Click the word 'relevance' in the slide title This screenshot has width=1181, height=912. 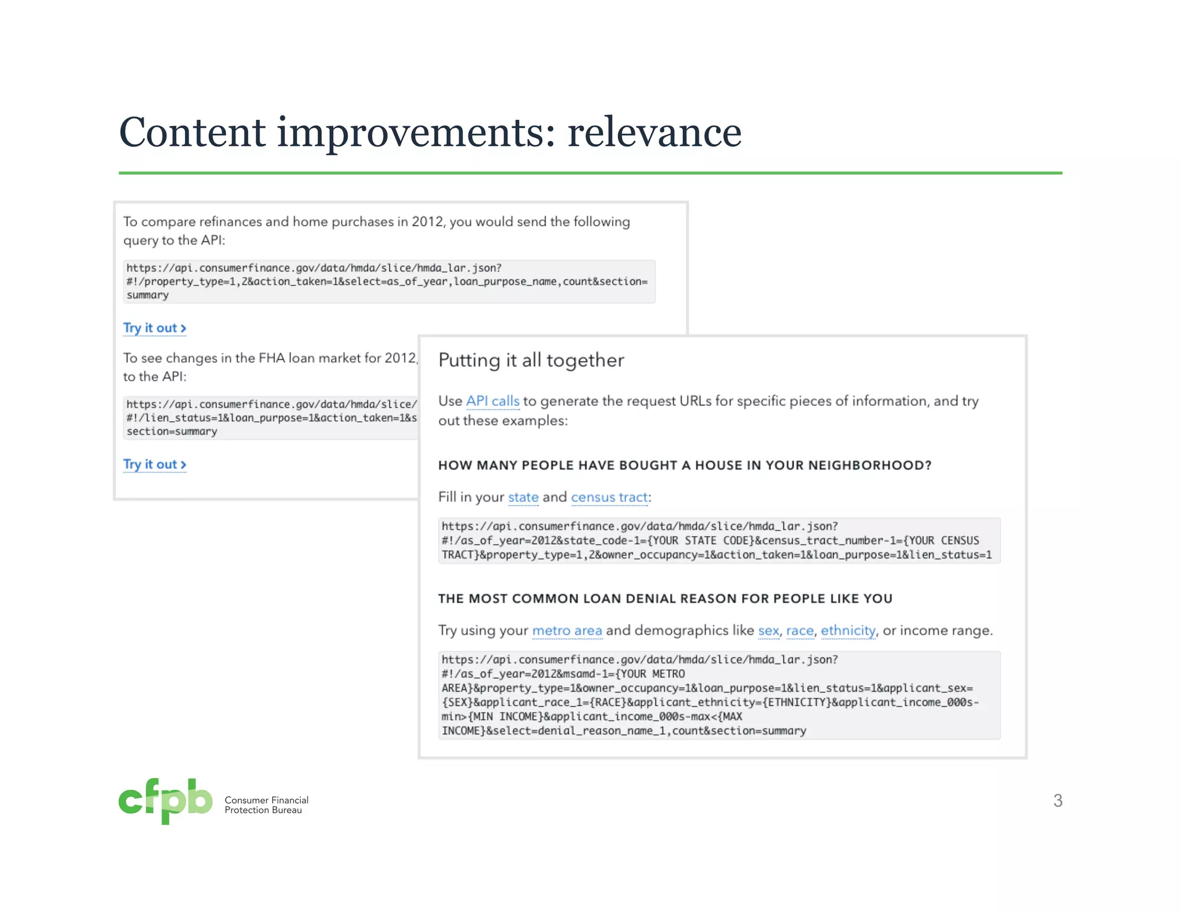point(654,133)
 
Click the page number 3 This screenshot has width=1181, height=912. point(1058,800)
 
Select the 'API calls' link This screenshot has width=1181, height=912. point(492,401)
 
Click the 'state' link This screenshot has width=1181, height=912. point(523,498)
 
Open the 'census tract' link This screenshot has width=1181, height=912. point(609,498)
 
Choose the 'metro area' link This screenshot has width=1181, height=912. point(567,631)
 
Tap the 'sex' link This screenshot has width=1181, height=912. point(768,631)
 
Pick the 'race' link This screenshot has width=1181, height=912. point(800,631)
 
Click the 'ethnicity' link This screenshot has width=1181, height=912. point(848,631)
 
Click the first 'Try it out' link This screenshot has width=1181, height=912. point(154,328)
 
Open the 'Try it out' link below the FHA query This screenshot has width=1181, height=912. point(154,465)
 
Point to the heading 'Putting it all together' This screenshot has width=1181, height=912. point(531,360)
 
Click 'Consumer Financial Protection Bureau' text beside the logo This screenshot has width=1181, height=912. point(266,805)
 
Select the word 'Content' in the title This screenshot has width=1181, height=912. point(192,133)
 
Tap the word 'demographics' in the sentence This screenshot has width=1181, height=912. point(682,631)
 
